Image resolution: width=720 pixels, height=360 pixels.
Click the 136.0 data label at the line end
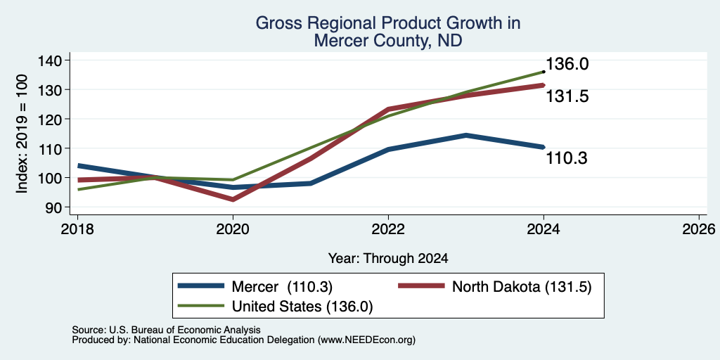click(x=567, y=64)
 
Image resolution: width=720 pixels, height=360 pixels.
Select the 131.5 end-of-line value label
click(x=567, y=96)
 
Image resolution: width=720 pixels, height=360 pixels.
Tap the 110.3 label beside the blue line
click(x=567, y=158)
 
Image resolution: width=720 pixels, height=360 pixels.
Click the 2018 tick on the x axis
click(x=77, y=229)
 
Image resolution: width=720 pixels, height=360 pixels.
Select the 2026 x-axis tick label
click(x=699, y=229)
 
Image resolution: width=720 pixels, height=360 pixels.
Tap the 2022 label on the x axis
click(x=388, y=229)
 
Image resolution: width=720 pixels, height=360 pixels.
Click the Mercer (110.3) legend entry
click(x=255, y=287)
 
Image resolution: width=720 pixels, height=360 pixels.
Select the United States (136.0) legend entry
click(x=275, y=307)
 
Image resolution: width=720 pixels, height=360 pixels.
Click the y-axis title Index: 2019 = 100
click(x=22, y=134)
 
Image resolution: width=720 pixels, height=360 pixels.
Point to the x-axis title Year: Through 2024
click(x=388, y=259)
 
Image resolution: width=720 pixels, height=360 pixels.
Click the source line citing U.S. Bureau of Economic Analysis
click(x=166, y=330)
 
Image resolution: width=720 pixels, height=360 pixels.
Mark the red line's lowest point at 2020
click(x=233, y=199)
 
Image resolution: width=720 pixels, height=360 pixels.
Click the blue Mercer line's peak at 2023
click(x=466, y=135)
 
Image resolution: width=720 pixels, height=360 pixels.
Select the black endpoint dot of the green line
click(x=544, y=72)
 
